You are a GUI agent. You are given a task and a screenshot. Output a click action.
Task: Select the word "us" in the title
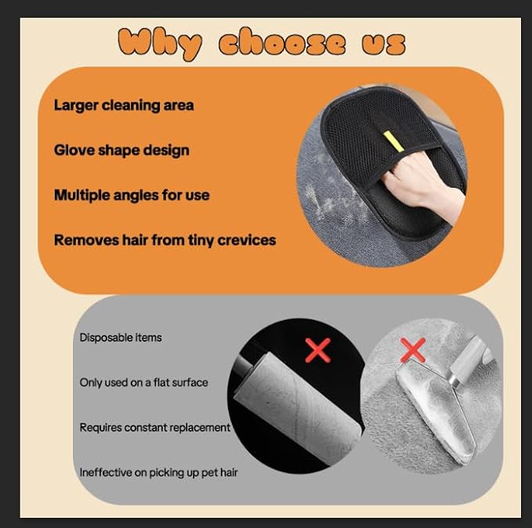point(384,43)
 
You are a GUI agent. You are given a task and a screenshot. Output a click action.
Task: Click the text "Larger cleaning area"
point(124,105)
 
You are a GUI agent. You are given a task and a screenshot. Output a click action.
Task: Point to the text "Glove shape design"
point(121,149)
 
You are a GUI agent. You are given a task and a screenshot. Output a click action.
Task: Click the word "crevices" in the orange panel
point(245,240)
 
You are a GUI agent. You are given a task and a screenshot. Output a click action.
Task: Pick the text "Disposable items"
point(120,337)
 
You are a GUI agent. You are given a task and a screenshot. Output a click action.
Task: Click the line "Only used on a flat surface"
point(143,383)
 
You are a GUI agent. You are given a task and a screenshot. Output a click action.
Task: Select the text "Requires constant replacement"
point(154,427)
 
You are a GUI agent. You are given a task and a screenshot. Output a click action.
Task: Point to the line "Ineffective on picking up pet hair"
point(158,472)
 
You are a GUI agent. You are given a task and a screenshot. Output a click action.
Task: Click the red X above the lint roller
point(317,350)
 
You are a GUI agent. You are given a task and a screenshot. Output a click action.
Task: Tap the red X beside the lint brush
point(413,351)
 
